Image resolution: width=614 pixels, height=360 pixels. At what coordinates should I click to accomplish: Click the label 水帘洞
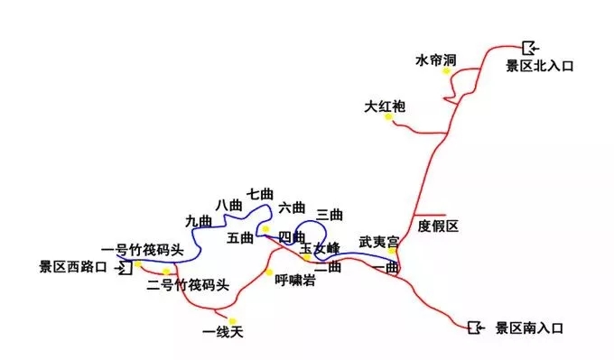pos(435,60)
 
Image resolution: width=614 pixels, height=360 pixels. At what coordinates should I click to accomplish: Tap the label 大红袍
pos(385,106)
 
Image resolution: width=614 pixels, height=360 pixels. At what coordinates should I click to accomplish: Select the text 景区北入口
pos(540,66)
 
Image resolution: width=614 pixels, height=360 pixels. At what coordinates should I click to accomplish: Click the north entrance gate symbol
pos(529,47)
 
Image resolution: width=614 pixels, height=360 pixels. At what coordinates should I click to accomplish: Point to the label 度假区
pos(440,226)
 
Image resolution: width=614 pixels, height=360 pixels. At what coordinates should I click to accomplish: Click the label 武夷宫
pos(378,242)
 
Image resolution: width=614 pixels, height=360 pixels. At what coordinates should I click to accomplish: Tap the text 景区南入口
pos(529,328)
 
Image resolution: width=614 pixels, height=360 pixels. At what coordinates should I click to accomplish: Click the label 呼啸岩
pos(295,281)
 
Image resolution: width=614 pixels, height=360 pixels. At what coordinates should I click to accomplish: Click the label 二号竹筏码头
pos(188,286)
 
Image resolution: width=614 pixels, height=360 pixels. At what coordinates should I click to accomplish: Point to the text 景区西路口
pos(73,267)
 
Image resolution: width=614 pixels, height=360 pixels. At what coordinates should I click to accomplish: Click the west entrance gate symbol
pos(126,268)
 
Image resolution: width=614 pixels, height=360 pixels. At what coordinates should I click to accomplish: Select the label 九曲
pos(199,221)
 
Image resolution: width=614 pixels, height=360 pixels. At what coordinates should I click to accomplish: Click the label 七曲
pos(259,194)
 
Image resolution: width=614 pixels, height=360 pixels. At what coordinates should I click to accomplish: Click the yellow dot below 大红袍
pos(388,118)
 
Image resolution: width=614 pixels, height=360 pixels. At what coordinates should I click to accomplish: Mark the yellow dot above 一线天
pos(232,320)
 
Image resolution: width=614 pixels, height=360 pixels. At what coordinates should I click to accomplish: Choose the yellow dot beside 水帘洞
pos(446,71)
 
